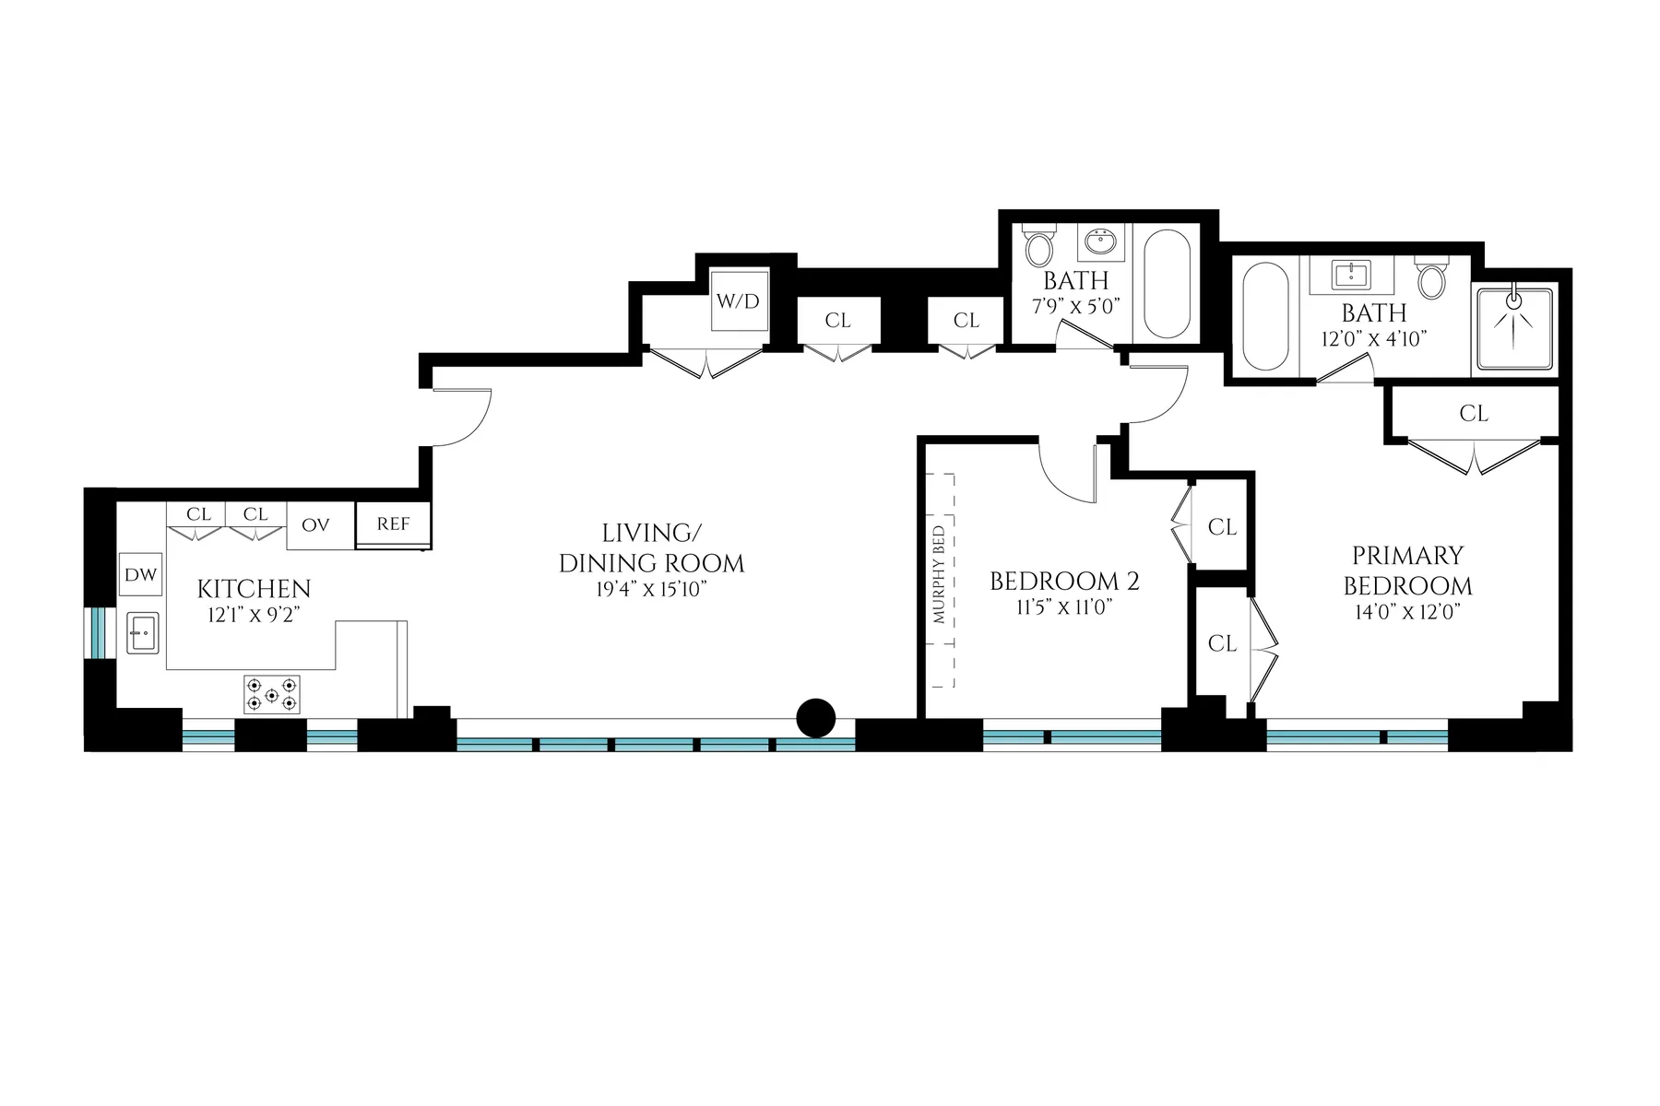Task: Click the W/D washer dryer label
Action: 738,301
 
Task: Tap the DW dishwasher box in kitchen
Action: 141,575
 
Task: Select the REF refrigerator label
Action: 393,524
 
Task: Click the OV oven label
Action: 315,525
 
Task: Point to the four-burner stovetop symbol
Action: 271,694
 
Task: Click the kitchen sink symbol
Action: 142,633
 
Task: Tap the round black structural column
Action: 815,717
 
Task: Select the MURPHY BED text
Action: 939,575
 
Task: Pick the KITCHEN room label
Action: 254,589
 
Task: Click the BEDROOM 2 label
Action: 1064,582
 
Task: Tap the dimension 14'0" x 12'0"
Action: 1407,612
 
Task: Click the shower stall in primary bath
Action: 1514,329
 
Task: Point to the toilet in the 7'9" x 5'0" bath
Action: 1039,247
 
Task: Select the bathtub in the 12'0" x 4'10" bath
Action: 1264,316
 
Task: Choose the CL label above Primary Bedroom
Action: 1474,414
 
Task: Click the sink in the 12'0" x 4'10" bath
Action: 1350,274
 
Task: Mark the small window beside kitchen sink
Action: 99,633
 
